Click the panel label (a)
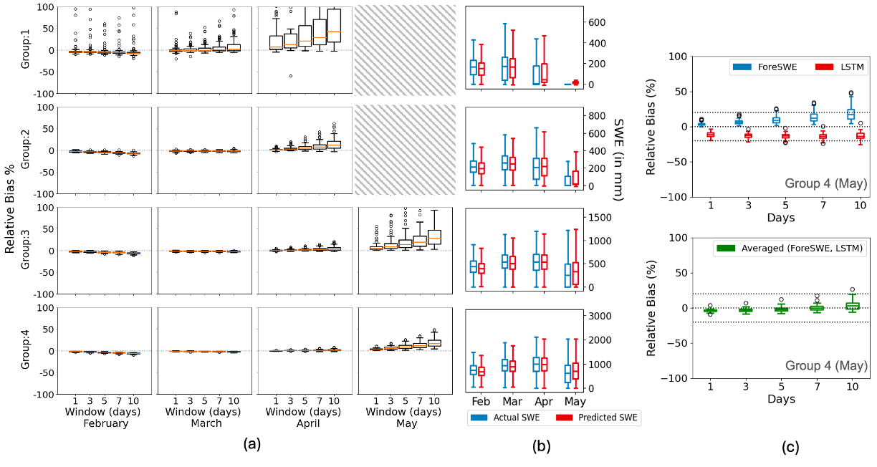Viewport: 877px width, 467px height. click(251, 444)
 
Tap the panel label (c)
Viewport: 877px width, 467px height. click(791, 447)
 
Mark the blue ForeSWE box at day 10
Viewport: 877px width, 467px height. click(850, 114)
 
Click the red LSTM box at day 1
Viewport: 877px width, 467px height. click(711, 134)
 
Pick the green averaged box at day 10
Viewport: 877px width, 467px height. click(850, 306)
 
